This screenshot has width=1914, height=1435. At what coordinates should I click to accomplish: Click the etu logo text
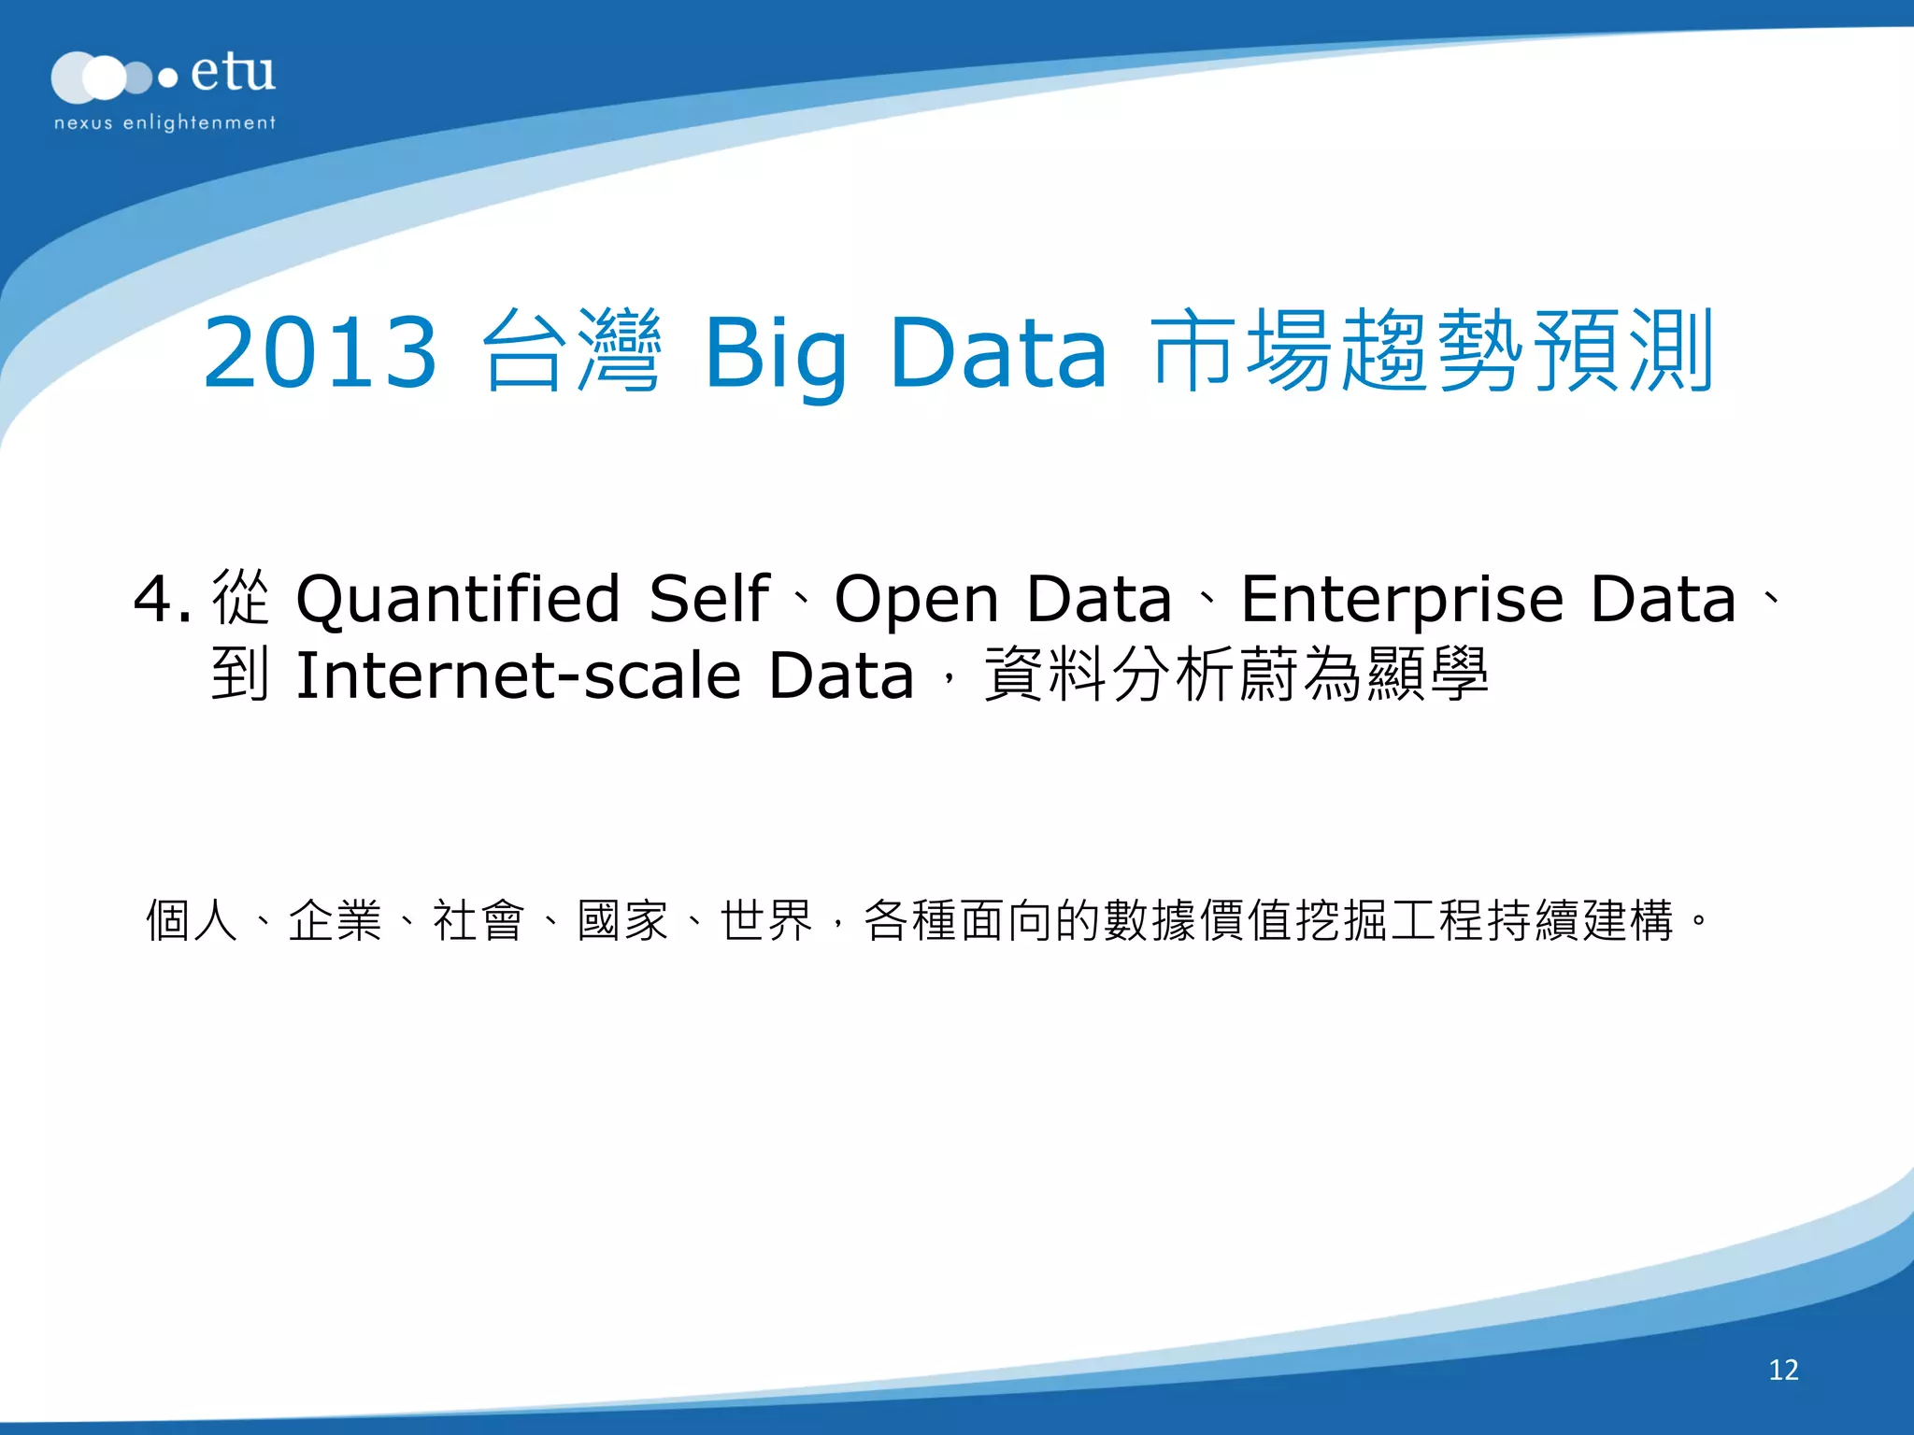coord(233,73)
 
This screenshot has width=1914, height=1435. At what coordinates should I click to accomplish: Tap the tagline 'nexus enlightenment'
coord(164,122)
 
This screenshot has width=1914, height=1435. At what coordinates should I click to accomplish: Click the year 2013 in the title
coord(320,352)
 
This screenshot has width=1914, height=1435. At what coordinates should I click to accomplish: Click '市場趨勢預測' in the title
coord(1434,351)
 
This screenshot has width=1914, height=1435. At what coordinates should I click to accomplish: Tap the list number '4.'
coord(162,599)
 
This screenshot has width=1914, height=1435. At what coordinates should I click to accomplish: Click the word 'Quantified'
coord(458,599)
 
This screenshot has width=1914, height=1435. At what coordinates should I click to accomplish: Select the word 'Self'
coord(708,599)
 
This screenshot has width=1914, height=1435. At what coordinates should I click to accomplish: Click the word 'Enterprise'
coord(1402,599)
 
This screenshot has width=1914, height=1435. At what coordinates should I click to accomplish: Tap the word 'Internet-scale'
coord(519,675)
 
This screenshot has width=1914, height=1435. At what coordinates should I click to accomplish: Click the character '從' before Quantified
coord(240,598)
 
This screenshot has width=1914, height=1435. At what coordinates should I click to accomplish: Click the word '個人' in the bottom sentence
coord(193,920)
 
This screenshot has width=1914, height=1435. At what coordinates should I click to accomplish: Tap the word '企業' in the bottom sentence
coord(336,920)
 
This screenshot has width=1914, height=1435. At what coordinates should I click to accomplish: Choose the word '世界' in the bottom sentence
coord(766,920)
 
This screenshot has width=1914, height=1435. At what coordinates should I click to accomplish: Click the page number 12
coord(1783,1370)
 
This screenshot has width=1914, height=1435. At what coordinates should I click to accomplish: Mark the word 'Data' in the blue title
coord(998,353)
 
